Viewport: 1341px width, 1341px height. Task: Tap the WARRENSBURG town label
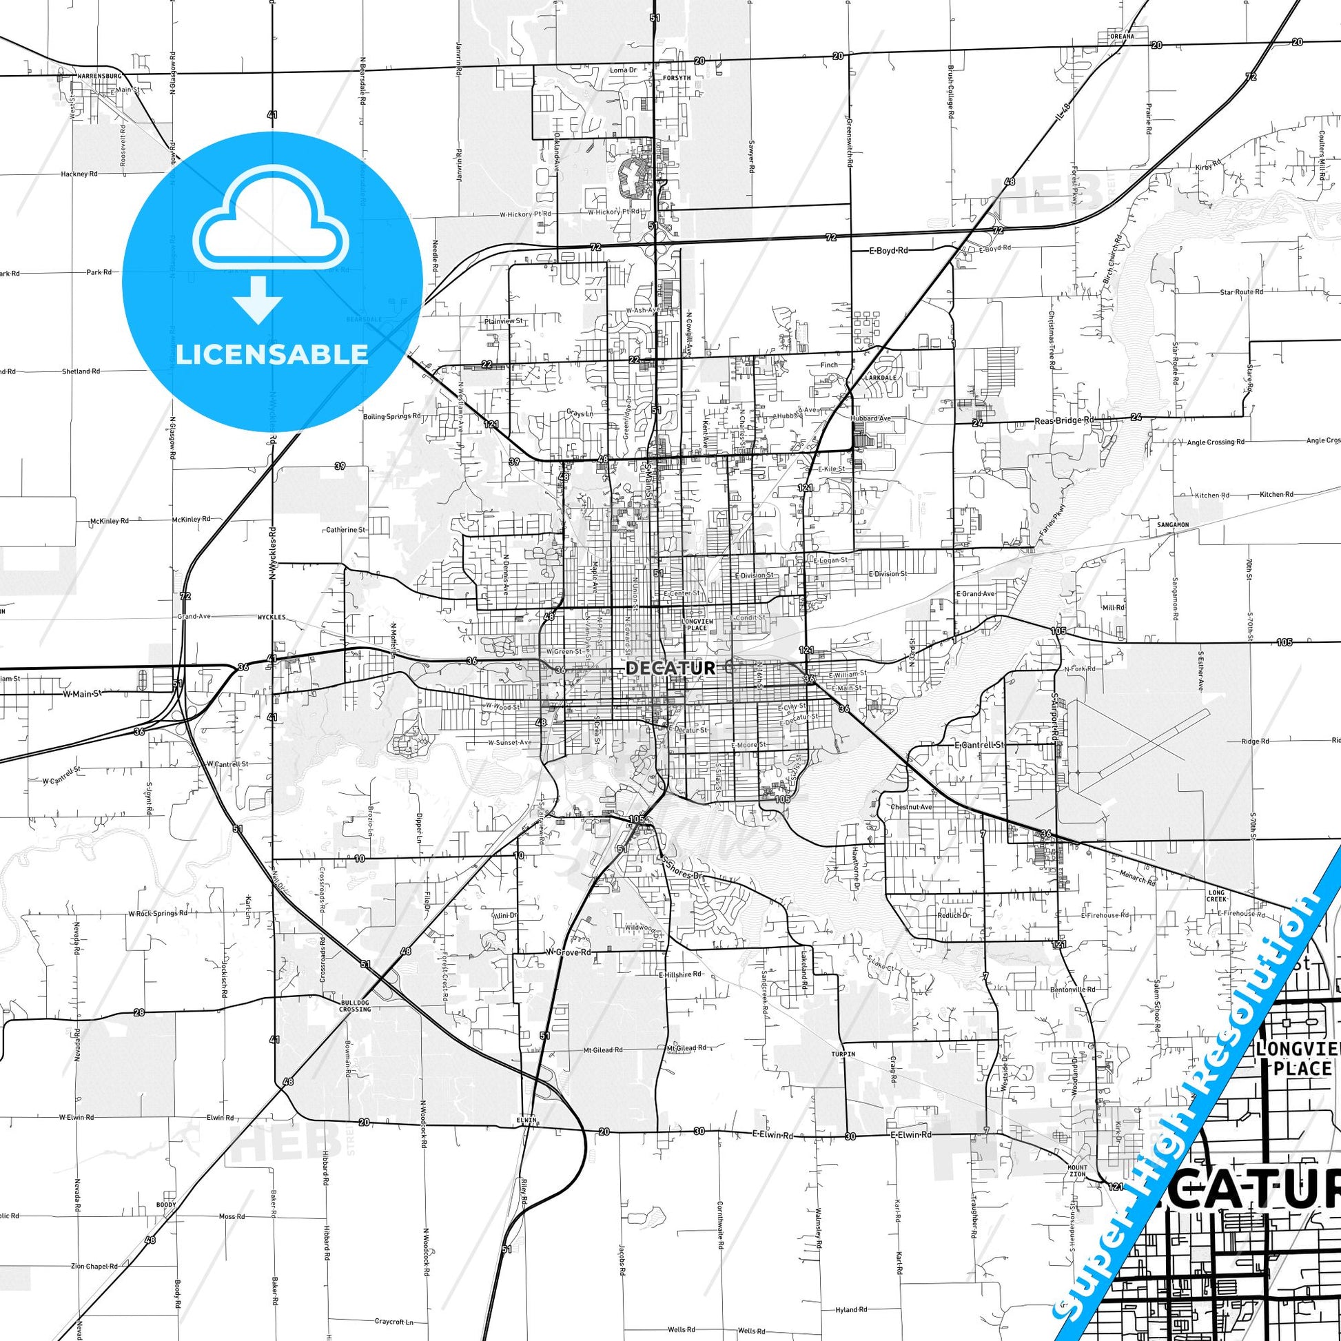tap(99, 75)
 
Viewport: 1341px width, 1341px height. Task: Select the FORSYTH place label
tap(676, 78)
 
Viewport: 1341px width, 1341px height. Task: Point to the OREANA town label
tap(1122, 36)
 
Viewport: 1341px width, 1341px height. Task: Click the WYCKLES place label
tap(272, 616)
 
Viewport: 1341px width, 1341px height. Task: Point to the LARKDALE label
tap(880, 378)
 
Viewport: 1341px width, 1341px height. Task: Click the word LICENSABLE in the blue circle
tap(272, 354)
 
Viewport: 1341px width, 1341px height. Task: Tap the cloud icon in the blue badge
tap(272, 222)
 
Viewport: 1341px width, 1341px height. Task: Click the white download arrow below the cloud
tap(258, 298)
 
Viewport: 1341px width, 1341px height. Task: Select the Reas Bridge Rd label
tap(1063, 420)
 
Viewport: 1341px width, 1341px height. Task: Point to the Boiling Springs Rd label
tap(391, 417)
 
